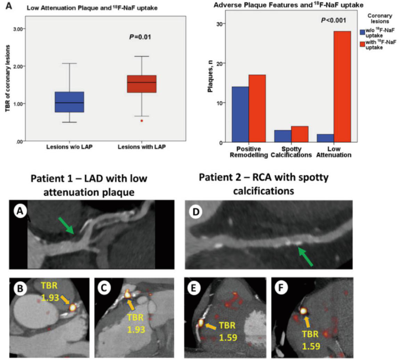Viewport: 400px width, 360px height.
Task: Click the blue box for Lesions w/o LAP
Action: pos(69,102)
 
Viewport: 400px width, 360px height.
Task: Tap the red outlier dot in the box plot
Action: pos(141,121)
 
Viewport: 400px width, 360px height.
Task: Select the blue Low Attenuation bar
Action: pos(323,138)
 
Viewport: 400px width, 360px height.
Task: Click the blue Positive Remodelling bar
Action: pos(240,114)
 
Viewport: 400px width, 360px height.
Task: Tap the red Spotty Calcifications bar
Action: pos(299,134)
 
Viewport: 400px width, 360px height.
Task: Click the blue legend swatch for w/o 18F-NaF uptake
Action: pos(363,32)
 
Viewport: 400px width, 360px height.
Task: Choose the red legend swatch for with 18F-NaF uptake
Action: pos(363,44)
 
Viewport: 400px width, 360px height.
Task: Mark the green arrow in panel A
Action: pos(67,226)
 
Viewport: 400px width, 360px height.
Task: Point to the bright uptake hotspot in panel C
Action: pos(127,295)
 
